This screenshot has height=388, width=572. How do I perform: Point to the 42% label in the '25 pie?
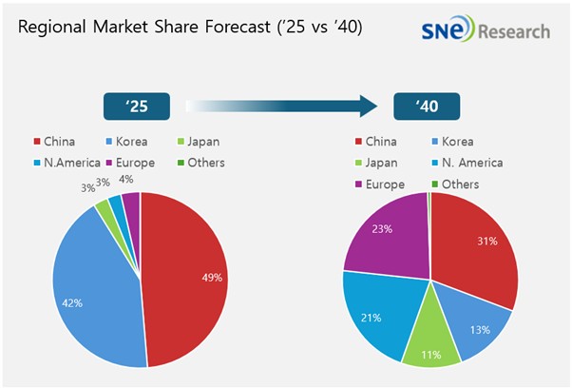point(72,302)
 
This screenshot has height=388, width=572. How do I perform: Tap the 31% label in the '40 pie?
point(486,241)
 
